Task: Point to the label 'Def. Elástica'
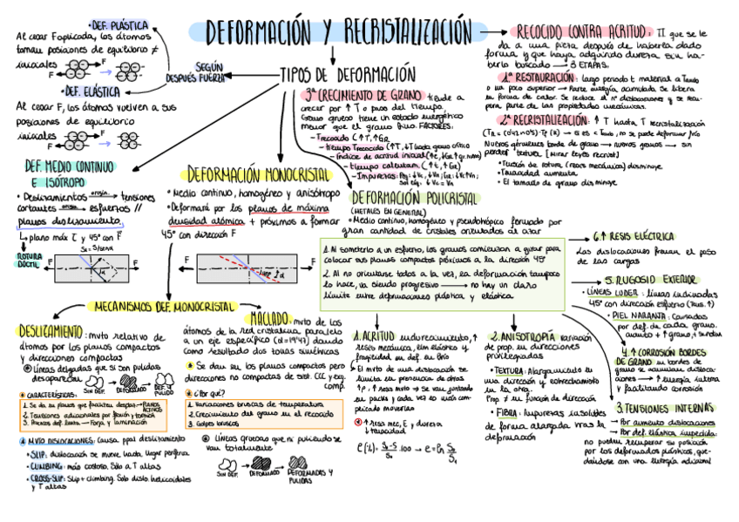[91, 90]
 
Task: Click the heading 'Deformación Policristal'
[402, 198]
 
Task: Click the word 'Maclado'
[268, 318]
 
